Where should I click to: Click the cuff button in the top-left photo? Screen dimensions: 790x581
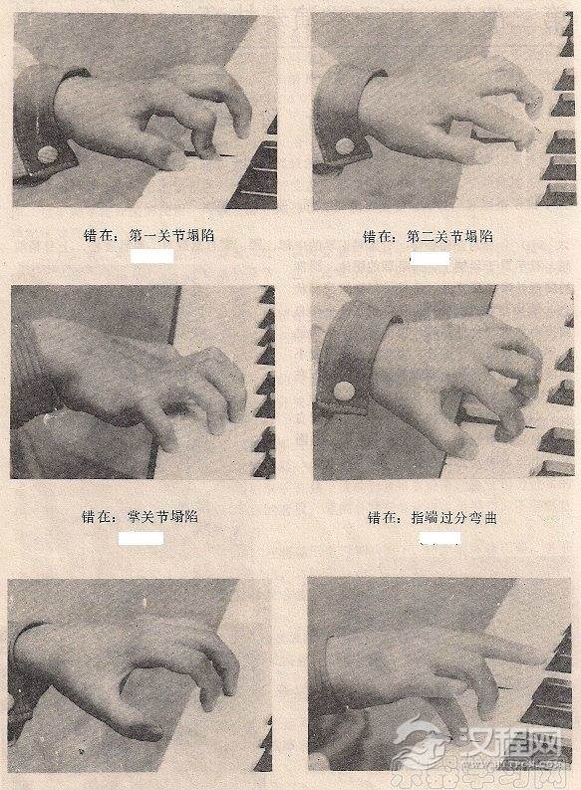[46, 154]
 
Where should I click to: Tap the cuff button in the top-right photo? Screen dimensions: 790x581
[345, 145]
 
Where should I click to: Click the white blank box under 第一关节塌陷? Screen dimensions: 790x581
[152, 256]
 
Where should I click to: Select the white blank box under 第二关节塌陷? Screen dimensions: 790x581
[431, 258]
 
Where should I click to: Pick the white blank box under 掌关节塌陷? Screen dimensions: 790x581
[141, 538]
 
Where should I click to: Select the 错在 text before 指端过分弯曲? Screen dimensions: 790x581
[385, 517]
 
